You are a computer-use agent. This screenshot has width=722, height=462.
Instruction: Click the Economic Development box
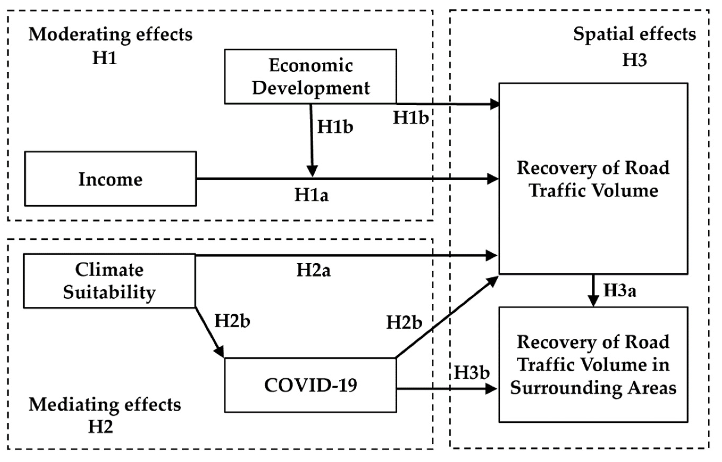310,77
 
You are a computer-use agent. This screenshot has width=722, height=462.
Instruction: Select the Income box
111,179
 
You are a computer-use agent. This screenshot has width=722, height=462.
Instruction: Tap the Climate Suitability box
109,281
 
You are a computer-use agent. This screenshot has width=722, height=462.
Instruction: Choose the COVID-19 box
310,385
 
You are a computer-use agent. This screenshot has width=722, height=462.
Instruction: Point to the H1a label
311,195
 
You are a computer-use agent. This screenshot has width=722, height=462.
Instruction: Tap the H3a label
620,291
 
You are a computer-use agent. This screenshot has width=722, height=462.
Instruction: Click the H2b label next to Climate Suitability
232,321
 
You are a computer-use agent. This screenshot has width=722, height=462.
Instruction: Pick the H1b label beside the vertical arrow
335,127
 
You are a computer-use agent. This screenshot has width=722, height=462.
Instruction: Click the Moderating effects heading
111,35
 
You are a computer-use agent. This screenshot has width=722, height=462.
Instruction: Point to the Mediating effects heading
105,405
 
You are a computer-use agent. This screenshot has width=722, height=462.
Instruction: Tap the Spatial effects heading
634,34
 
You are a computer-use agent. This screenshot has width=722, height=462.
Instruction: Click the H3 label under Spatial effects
634,60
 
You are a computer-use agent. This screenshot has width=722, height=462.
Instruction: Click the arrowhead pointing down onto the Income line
312,172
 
